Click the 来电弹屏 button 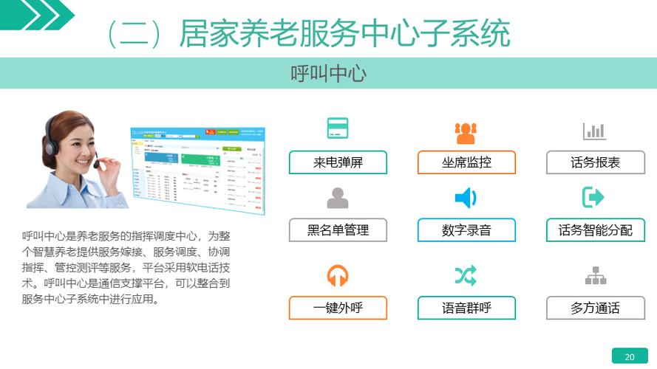[x=338, y=162]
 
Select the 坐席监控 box [x=466, y=162]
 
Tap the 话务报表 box [x=595, y=162]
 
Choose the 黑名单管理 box [x=338, y=230]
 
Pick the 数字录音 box [x=466, y=230]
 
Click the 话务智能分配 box [x=595, y=230]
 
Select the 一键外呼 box [x=338, y=308]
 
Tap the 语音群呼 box [x=466, y=308]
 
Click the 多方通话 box [x=595, y=308]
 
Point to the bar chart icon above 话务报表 [x=594, y=131]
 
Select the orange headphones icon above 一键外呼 [x=338, y=276]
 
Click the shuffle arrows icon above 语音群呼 [x=466, y=276]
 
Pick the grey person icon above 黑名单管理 [x=338, y=198]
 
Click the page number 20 [x=630, y=356]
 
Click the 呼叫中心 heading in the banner [x=328, y=74]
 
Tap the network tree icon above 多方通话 [x=595, y=276]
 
